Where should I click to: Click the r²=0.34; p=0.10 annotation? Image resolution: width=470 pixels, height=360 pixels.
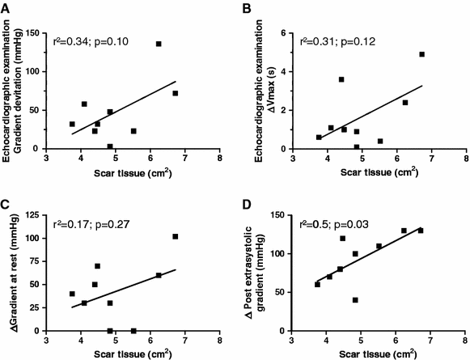click(90, 40)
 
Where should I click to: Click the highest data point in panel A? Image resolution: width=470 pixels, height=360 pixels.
click(159, 44)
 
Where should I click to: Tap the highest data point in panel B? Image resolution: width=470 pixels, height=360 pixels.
click(421, 54)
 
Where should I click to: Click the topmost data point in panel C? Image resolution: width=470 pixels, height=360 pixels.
click(176, 236)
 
